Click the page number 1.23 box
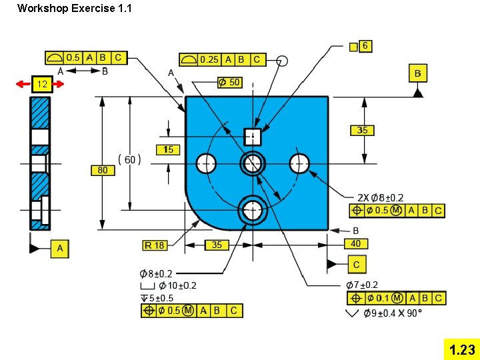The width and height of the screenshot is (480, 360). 462,349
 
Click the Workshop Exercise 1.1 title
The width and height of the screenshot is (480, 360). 75,9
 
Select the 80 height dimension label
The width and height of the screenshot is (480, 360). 102,171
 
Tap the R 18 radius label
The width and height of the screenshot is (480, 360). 155,245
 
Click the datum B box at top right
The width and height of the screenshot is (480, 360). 417,73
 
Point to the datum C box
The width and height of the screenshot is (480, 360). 357,265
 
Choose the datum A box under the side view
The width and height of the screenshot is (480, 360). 60,249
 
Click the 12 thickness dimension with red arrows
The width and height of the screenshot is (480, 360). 41,85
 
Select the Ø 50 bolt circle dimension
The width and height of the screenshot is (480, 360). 229,82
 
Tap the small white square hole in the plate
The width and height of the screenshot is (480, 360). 252,137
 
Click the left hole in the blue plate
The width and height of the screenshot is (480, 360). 207,162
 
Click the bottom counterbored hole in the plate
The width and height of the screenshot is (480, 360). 252,209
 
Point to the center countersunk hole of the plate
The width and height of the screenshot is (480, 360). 253,162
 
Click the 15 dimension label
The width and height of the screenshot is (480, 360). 169,150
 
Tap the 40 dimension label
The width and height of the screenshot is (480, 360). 355,244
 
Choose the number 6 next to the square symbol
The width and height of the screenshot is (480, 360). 366,45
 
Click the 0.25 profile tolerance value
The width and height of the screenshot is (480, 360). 209,60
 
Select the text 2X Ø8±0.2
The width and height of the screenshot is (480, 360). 380,198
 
